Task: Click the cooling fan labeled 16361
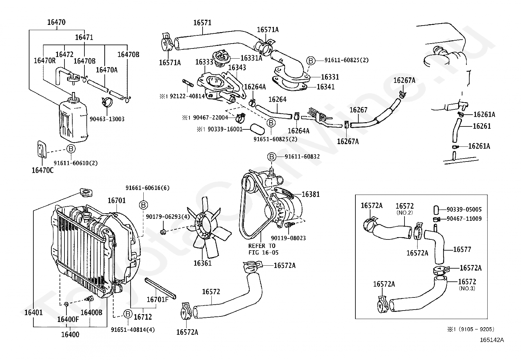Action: [204, 229]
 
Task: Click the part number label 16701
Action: [117, 200]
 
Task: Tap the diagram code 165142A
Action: [492, 340]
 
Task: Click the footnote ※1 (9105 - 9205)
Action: [471, 329]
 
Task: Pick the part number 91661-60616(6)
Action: [148, 188]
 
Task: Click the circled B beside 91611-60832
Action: [271, 157]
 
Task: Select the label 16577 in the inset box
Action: [462, 250]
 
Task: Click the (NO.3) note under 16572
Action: [467, 288]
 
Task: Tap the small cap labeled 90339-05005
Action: [436, 210]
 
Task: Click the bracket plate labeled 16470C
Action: [42, 149]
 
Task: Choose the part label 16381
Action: [311, 194]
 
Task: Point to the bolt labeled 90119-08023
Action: [289, 225]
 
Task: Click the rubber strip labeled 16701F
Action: [160, 288]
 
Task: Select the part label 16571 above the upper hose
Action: [202, 23]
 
